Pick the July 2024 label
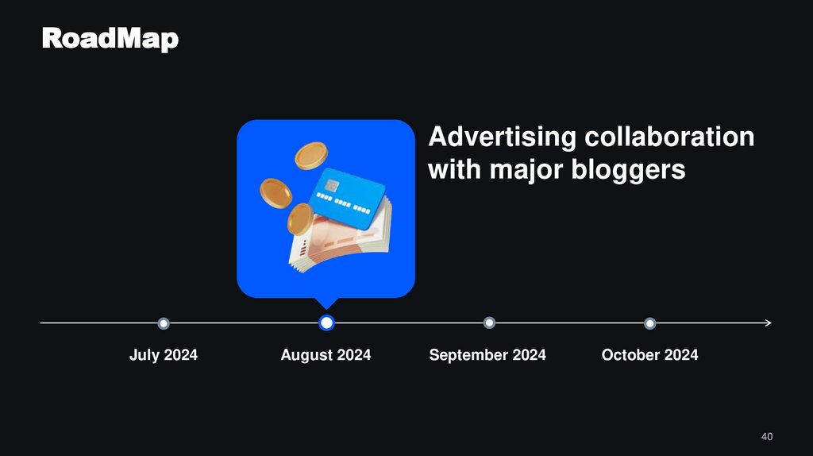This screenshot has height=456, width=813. pyautogui.click(x=163, y=355)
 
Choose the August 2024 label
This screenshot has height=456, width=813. pyautogui.click(x=326, y=355)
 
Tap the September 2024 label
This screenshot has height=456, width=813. pyautogui.click(x=487, y=355)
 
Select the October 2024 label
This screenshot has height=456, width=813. pyautogui.click(x=649, y=355)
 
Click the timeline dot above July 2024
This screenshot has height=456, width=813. pyautogui.click(x=164, y=323)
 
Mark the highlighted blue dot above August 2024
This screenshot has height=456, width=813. pyautogui.click(x=326, y=323)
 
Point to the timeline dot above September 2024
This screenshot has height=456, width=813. pyautogui.click(x=489, y=323)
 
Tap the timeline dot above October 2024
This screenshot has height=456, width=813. pyautogui.click(x=649, y=323)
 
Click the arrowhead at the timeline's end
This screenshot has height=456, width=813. pyautogui.click(x=768, y=323)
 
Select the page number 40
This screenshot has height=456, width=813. pyautogui.click(x=766, y=437)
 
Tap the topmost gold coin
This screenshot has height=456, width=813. pyautogui.click(x=310, y=155)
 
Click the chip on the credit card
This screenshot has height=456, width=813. pyautogui.click(x=331, y=186)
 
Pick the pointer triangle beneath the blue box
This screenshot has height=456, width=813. pyautogui.click(x=326, y=303)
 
